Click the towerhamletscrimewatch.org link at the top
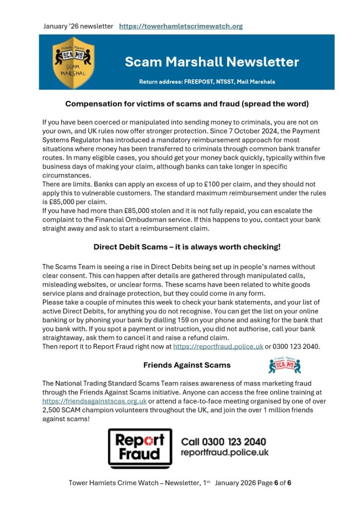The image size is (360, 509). (181, 26)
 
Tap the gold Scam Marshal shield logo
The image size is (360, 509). (74, 62)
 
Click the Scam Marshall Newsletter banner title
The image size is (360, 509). (212, 62)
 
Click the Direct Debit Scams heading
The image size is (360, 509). (187, 247)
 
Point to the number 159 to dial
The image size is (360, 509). (194, 320)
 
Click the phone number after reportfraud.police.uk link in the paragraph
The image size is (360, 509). (296, 346)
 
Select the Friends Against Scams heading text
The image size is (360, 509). (187, 365)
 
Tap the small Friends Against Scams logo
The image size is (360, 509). (284, 365)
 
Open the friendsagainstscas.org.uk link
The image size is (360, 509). (94, 401)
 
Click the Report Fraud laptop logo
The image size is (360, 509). (140, 447)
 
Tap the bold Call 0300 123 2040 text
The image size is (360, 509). (223, 442)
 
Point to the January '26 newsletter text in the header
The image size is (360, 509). (78, 26)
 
